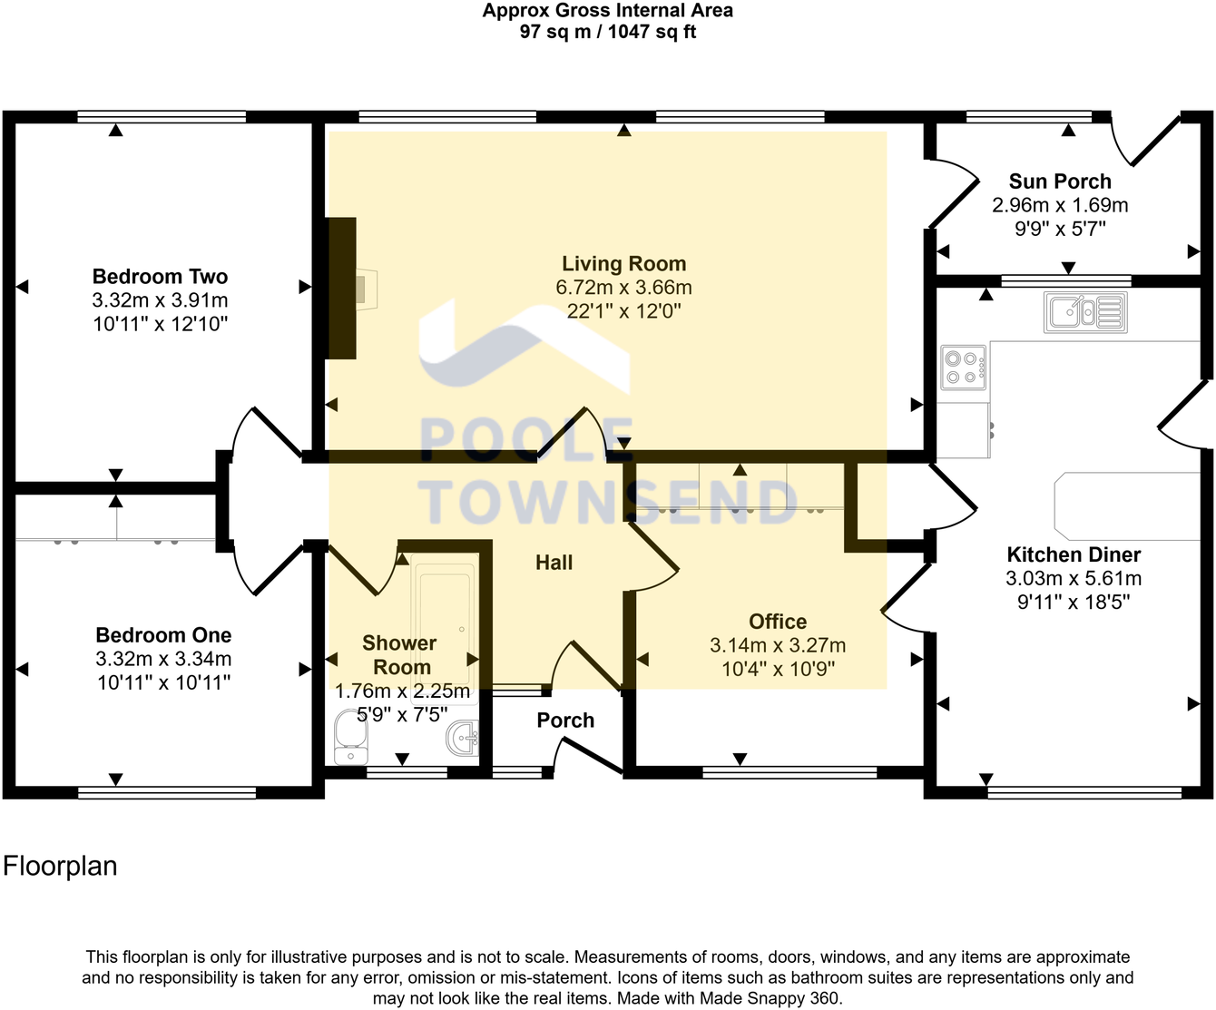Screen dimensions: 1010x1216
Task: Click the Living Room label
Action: click(623, 264)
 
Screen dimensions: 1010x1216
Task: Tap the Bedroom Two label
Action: click(160, 277)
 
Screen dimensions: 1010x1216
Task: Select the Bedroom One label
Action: click(163, 635)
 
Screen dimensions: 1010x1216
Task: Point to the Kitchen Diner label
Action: click(1074, 554)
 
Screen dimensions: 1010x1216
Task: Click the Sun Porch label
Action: click(1060, 181)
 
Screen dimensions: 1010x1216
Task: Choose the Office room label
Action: click(778, 622)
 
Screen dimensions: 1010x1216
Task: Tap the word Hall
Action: click(554, 563)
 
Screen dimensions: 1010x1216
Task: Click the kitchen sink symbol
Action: click(1085, 312)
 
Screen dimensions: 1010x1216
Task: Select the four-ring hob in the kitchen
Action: click(963, 368)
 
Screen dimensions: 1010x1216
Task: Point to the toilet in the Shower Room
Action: click(348, 737)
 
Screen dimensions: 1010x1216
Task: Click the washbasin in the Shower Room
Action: click(464, 738)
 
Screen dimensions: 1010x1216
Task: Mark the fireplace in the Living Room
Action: click(343, 289)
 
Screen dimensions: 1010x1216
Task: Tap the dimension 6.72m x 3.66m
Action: click(623, 288)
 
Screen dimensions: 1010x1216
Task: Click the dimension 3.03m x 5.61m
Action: click(1074, 579)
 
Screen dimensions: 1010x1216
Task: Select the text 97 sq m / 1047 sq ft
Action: click(607, 32)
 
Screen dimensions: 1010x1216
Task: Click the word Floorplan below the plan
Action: click(60, 866)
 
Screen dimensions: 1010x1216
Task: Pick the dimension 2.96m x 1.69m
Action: click(1060, 205)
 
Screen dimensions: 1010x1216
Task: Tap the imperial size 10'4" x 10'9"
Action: click(778, 670)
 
